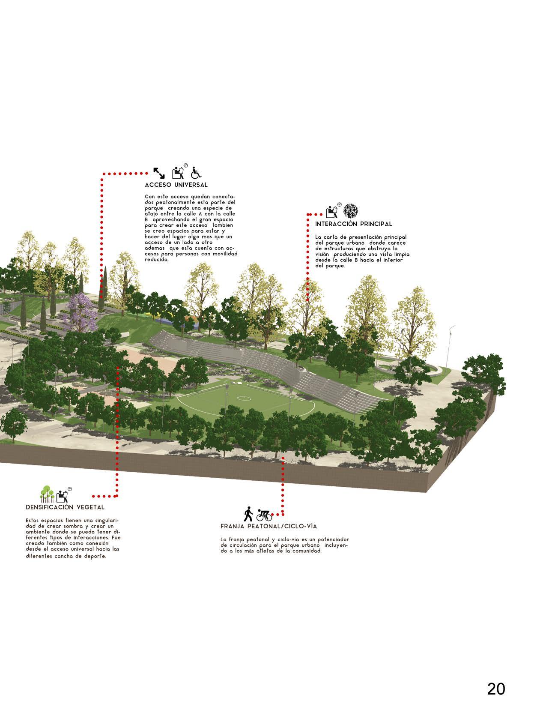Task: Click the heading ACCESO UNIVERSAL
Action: pos(176,185)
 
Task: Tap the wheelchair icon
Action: pos(196,172)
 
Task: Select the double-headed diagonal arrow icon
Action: pos(159,173)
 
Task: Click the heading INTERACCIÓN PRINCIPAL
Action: pos(353,224)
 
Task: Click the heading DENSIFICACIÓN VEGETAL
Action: pos(65,507)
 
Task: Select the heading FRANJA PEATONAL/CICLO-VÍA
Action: pos(269,526)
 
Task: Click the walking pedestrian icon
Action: pos(248,514)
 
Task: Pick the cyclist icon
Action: pos(264,514)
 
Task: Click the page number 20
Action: pos(496,677)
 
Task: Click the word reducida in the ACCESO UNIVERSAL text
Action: pos(157,259)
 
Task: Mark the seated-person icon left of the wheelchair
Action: pos(178,172)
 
